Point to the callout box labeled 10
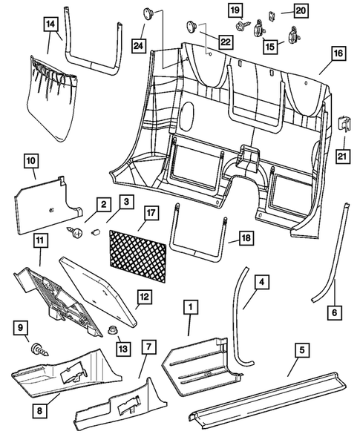(x=31, y=160)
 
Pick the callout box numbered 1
(x=191, y=306)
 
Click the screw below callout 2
(x=76, y=233)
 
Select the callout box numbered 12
(x=143, y=299)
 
